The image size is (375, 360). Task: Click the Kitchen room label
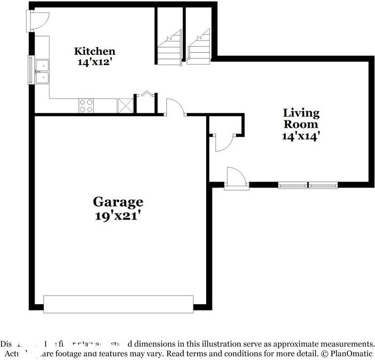pos(94,51)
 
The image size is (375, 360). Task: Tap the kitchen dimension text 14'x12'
pos(94,61)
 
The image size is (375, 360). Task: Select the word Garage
pos(118,202)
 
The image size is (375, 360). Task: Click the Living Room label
pos(301,118)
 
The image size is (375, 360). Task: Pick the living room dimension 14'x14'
pos(301,135)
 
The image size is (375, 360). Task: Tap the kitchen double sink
pos(42,71)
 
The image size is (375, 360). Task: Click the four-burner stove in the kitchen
pos(86,105)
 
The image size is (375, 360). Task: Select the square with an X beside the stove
pos(125,105)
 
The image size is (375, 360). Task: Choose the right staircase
pos(199,48)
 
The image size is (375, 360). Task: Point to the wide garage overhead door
pos(118,304)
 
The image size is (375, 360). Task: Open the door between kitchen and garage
pos(175,108)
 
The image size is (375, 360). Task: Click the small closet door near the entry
pos(221,142)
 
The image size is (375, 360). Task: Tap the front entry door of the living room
pos(237,178)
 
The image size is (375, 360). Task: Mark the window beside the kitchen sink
pos(31,69)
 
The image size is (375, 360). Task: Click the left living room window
pos(292,185)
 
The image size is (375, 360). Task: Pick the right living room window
pos(323,185)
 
